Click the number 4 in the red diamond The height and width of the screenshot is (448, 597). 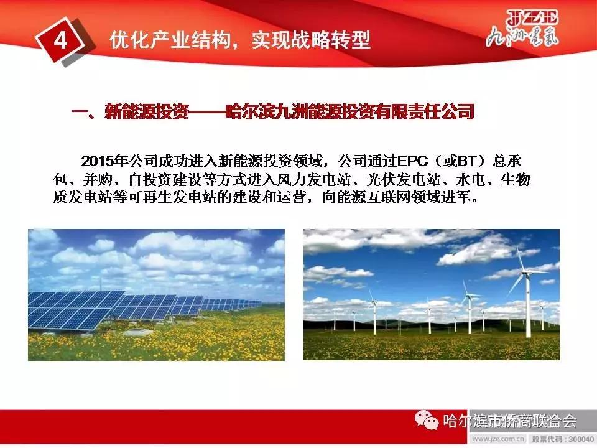[x=60, y=40]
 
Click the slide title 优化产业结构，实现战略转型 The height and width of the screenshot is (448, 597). [x=239, y=40]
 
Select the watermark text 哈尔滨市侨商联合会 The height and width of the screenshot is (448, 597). [x=510, y=422]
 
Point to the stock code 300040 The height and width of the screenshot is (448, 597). [x=578, y=439]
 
